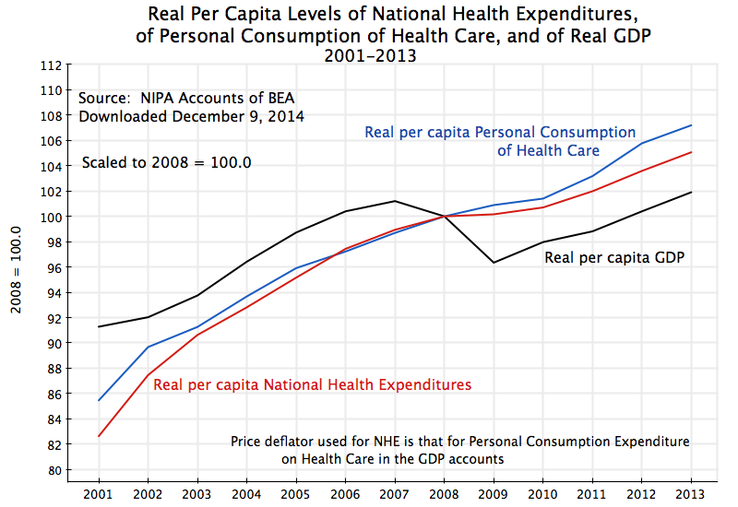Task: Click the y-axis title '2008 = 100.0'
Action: (x=16, y=266)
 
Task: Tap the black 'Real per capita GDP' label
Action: (x=614, y=257)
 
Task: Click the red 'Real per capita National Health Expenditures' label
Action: (x=313, y=383)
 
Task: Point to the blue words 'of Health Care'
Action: (x=548, y=150)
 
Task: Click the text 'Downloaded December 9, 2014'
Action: (x=191, y=117)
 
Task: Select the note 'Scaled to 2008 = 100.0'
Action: (x=167, y=162)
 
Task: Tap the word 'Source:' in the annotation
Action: (x=103, y=99)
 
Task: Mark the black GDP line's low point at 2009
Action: (x=494, y=263)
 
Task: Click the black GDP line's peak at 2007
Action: (x=395, y=201)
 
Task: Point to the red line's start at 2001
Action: (x=99, y=436)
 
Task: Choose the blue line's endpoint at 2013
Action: (x=691, y=125)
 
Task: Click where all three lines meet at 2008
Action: (x=444, y=217)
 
